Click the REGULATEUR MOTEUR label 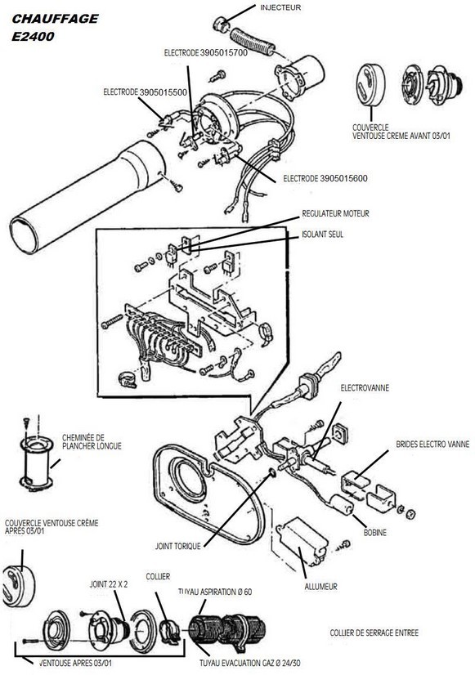point(336,213)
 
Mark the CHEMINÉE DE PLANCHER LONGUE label point(91,442)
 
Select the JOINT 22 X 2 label point(107,585)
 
